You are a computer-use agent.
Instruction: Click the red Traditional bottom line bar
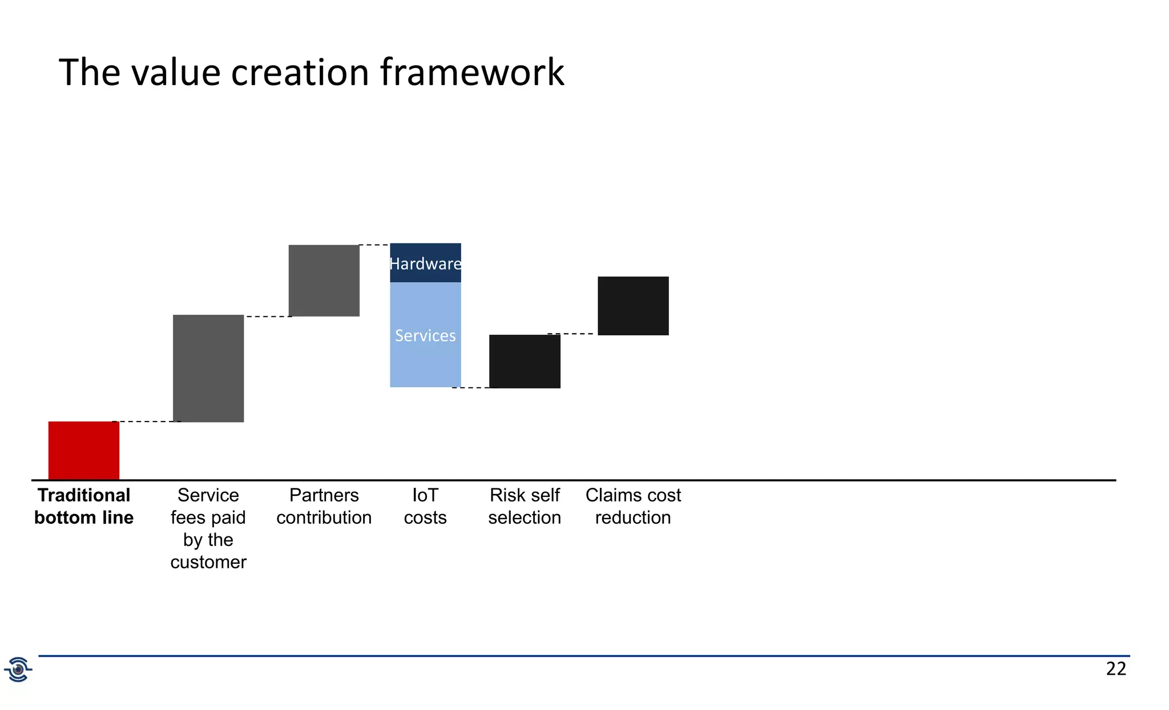pos(84,450)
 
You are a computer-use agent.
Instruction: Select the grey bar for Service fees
pos(208,368)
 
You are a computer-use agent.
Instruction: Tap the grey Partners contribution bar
pos(324,280)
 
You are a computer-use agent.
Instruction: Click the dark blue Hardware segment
pos(425,263)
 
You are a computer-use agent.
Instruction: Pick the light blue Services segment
pos(425,335)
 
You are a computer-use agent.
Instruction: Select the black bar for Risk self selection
pos(525,362)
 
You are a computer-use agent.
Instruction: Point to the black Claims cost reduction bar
pos(633,306)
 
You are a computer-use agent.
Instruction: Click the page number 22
pos(1115,669)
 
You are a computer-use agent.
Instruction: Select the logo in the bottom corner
pos(18,669)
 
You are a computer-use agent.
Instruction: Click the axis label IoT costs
pos(425,506)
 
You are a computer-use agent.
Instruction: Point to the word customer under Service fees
pos(208,562)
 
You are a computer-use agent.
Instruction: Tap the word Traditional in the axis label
pos(84,495)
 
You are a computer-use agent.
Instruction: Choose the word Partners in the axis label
pos(324,495)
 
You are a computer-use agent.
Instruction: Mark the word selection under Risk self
pos(525,518)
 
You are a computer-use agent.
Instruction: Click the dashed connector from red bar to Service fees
pos(146,422)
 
